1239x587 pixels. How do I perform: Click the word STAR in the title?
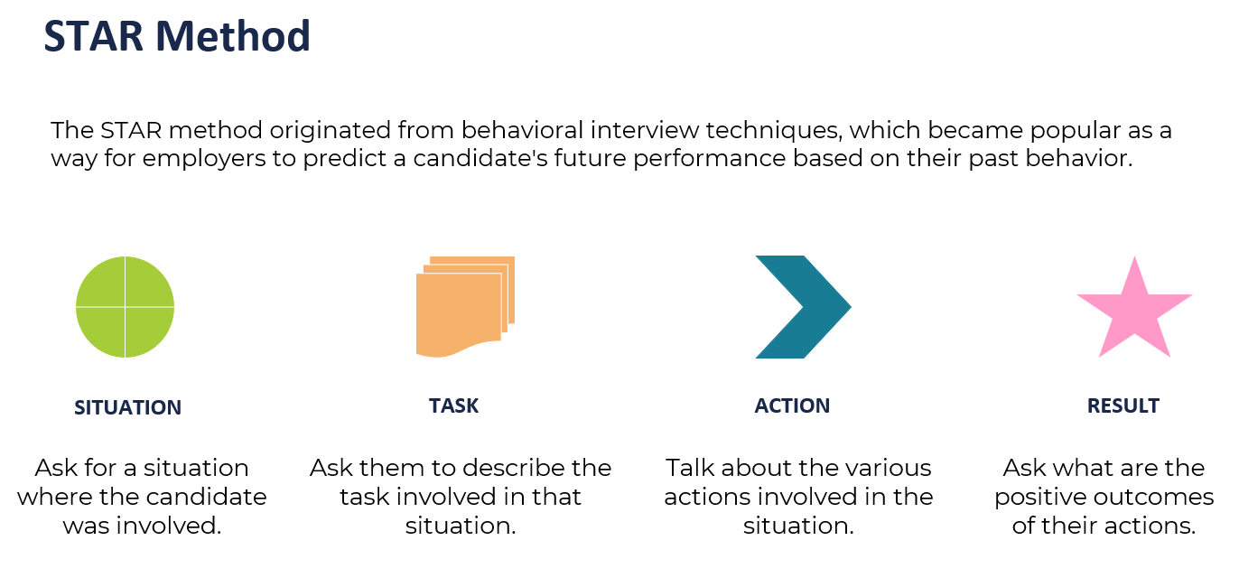[94, 36]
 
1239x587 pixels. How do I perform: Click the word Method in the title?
[233, 36]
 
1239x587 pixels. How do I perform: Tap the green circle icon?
[125, 306]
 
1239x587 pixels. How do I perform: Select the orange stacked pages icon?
[465, 306]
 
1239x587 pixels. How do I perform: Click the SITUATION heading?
[127, 408]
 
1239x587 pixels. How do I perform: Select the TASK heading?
[453, 406]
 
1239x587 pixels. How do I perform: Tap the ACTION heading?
[792, 406]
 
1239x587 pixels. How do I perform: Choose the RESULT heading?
[1123, 406]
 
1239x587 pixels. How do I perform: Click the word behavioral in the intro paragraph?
[522, 131]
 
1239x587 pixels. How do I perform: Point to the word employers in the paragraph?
[204, 160]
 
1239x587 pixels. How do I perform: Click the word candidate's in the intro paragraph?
[480, 158]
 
